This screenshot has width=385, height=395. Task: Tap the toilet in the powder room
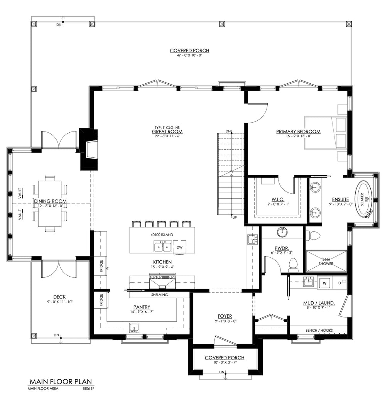point(293,264)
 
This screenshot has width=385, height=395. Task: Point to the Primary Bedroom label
point(298,132)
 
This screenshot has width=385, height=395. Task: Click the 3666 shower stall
point(326,261)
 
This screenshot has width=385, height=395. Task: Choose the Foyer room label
point(224,316)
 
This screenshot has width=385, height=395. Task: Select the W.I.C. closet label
point(278,199)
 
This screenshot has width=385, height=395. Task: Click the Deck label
point(59,297)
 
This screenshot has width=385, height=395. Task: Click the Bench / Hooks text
point(319,330)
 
